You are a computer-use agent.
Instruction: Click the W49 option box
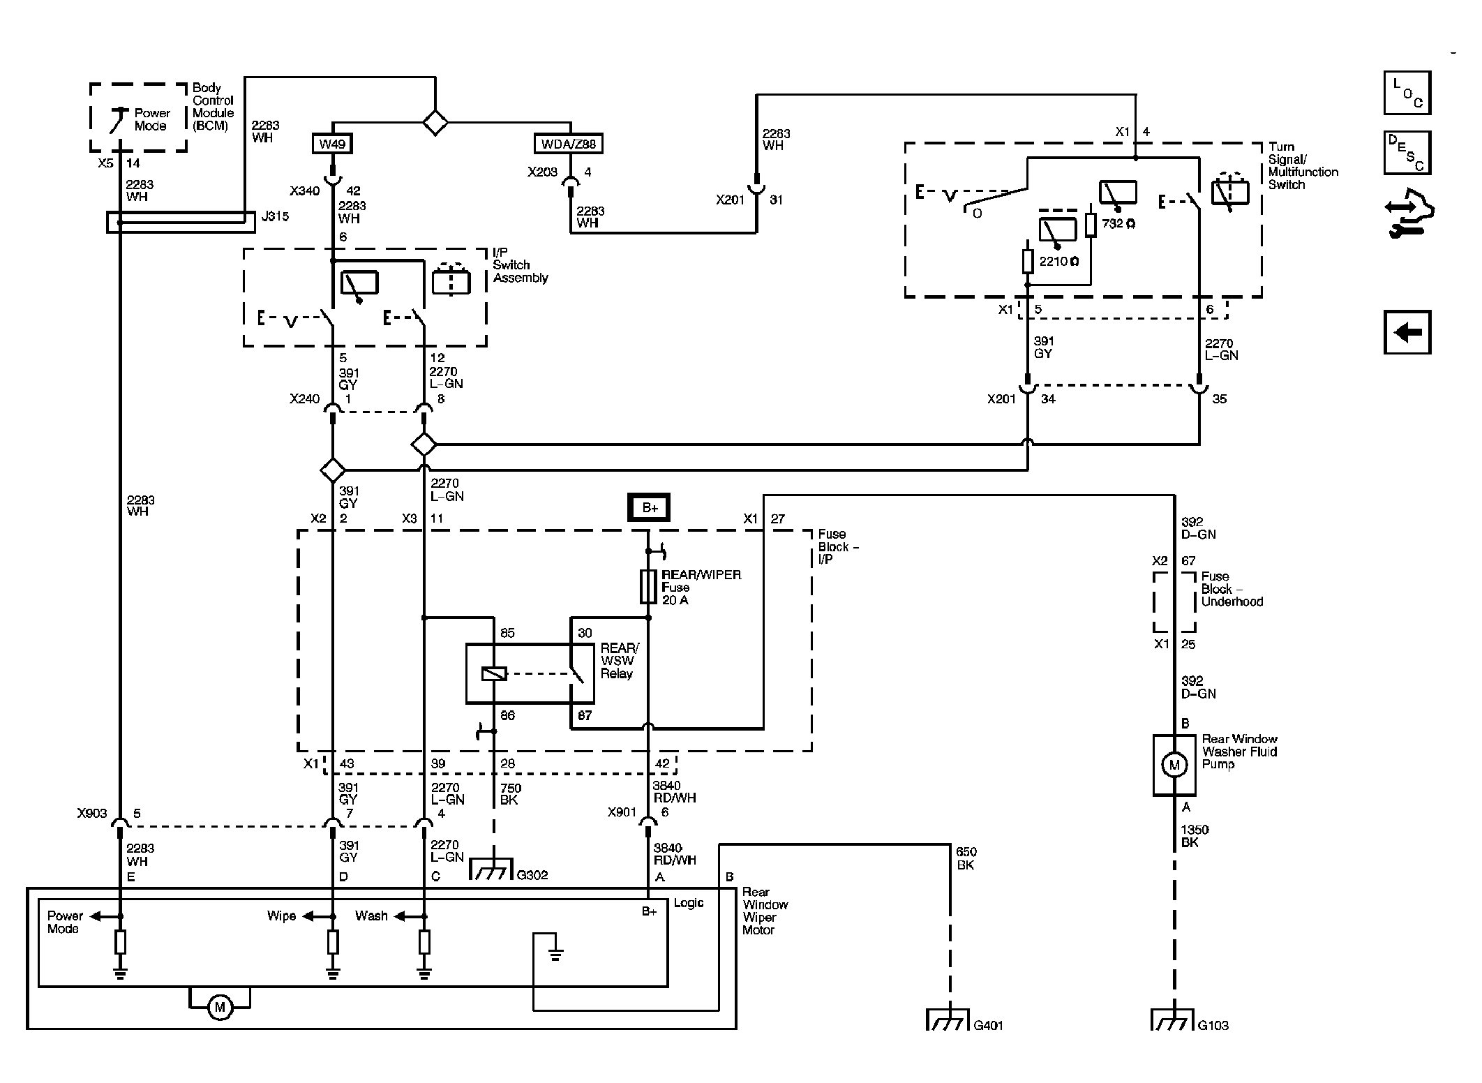[x=331, y=144]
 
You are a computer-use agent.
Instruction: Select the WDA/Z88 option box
[x=569, y=144]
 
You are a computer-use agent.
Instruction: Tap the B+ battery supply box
[x=648, y=507]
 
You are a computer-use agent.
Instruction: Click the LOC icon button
[x=1407, y=93]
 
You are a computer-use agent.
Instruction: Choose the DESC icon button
[x=1407, y=153]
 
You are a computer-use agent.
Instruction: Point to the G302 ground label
[x=532, y=875]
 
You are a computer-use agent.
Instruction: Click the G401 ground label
[x=988, y=1025]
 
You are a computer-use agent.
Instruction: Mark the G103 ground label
[x=1213, y=1025]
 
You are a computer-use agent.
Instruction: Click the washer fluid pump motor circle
[x=1174, y=765]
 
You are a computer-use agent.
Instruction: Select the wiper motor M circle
[x=220, y=1007]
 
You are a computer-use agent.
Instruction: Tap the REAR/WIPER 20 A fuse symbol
[x=648, y=586]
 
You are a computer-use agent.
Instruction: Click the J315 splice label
[x=275, y=216]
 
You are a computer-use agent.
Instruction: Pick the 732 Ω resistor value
[x=1118, y=223]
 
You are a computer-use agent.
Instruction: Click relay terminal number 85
[x=507, y=633]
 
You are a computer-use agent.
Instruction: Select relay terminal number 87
[x=585, y=715]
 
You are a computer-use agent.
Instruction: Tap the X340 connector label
[x=305, y=191]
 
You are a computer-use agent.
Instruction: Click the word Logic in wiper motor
[x=689, y=902]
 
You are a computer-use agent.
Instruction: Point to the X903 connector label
[x=92, y=814]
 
